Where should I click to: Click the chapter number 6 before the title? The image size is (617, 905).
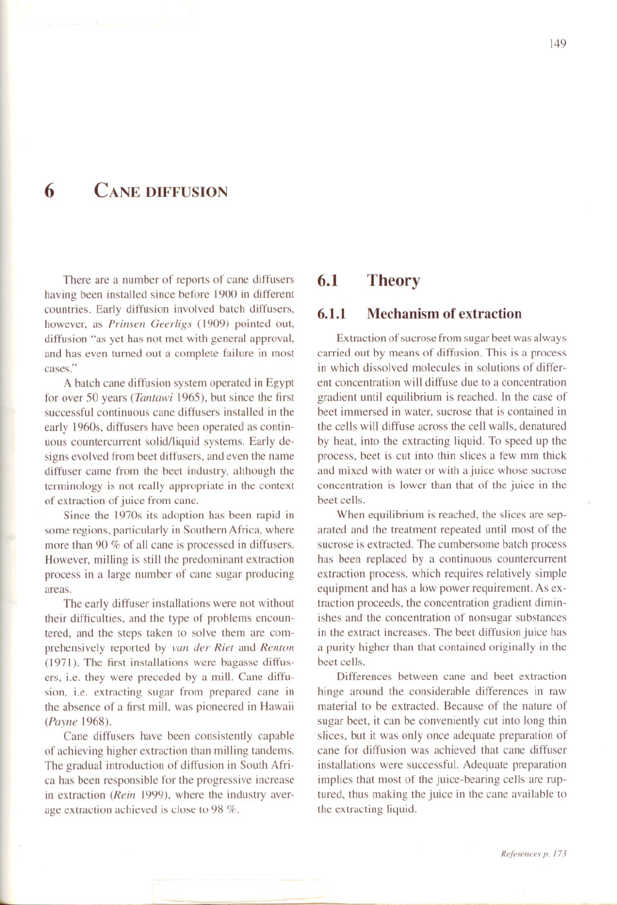tap(48, 191)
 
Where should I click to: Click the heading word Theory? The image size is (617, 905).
tap(393, 280)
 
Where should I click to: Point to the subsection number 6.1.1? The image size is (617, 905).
tap(331, 313)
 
